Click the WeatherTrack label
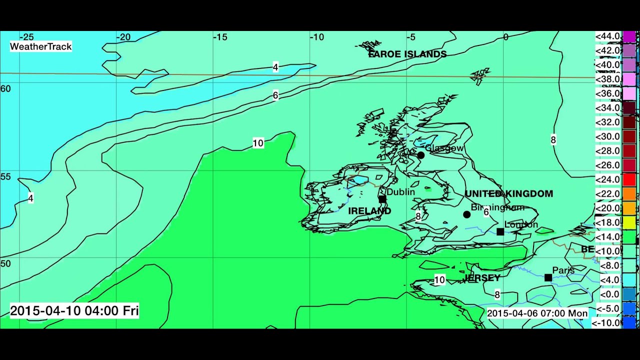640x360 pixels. pos(41,46)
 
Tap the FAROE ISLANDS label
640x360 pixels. pos(407,54)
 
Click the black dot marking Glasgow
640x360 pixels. pos(421,155)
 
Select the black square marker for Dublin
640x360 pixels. pos(382,199)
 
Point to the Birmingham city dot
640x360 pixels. pos(466,214)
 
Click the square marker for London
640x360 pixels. pos(500,231)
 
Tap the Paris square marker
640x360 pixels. pos(548,277)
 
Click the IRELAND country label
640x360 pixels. pos(369,211)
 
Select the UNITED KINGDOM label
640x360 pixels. pos(508,193)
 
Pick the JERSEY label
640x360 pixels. pos(482,277)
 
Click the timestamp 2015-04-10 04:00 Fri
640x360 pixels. pos(74,310)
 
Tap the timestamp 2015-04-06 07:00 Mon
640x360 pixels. pos(537,313)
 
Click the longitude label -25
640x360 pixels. pos(26,37)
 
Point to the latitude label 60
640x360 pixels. pos(5,88)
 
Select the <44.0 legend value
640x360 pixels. pos(607,36)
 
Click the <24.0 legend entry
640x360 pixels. pos(607,179)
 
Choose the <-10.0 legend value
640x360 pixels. pos(606,323)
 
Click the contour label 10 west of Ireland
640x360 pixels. pos(258,143)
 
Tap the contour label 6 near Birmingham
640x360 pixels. pos(486,212)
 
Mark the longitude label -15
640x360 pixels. pos(220,37)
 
